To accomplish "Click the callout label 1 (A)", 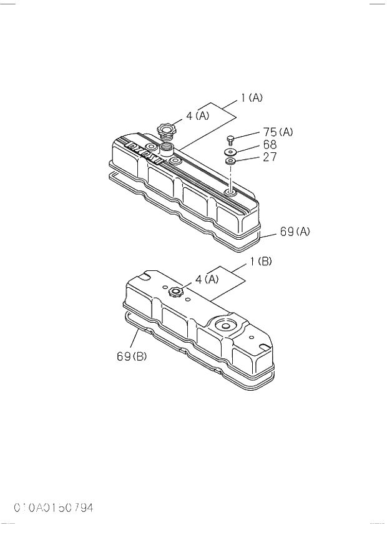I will [x=252, y=98].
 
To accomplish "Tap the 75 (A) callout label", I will [x=278, y=132].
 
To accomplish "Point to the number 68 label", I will [x=270, y=144].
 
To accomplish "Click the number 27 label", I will [x=270, y=157].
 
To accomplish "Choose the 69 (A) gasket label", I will [x=295, y=232].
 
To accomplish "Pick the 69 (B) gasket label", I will [x=130, y=356].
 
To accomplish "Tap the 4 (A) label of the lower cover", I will [x=207, y=279].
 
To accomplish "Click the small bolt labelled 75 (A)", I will [x=230, y=139].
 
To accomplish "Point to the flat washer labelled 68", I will [x=230, y=152].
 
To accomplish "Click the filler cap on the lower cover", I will [x=176, y=291].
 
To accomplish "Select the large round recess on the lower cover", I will [x=223, y=325].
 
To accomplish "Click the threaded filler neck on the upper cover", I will [x=167, y=149].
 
